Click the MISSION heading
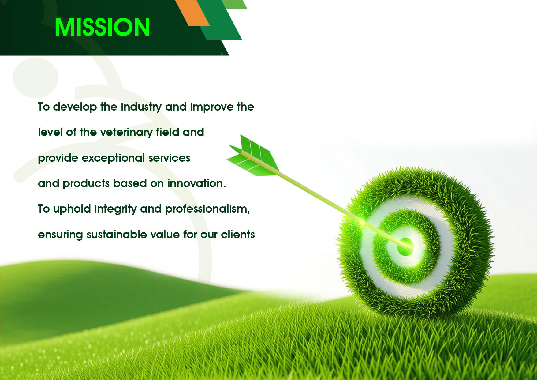pyautogui.click(x=102, y=27)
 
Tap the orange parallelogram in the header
pyautogui.click(x=192, y=13)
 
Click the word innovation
pyautogui.click(x=196, y=183)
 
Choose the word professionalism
pyautogui.click(x=207, y=209)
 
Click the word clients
pyautogui.click(x=238, y=235)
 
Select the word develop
pyautogui.click(x=75, y=107)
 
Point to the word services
pyautogui.click(x=169, y=158)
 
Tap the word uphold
pyautogui.click(x=72, y=209)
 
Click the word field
pyautogui.click(x=167, y=132)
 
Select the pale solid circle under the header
pyautogui.click(x=35, y=77)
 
